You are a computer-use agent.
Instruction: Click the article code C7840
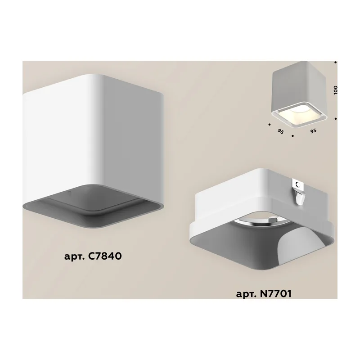pos(104,256)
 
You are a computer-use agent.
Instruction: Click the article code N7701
pos(275,293)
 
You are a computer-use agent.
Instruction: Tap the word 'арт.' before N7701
pos(246,294)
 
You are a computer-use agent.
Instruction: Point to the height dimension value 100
pos(335,90)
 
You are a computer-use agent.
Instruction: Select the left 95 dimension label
pos(280,131)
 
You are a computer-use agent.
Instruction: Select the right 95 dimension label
pos(313,131)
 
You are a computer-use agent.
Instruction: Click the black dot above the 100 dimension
pos(335,62)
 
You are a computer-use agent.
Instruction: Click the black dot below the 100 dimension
pos(335,119)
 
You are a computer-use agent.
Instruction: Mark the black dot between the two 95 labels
pos(292,136)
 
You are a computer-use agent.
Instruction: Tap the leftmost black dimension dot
pos(269,125)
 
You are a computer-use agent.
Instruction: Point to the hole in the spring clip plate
pos(298,184)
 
